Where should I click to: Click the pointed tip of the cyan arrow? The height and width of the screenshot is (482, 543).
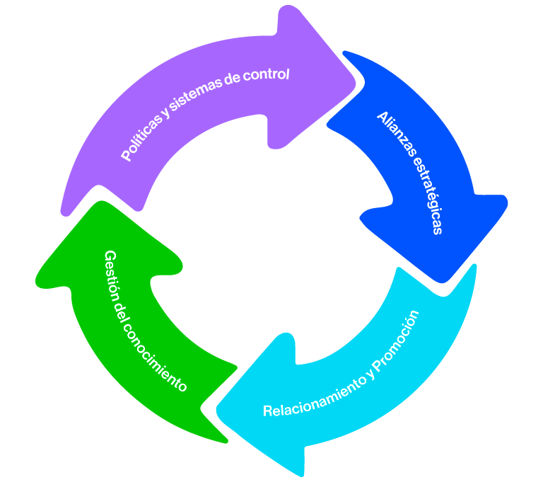pyautogui.click(x=219, y=411)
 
